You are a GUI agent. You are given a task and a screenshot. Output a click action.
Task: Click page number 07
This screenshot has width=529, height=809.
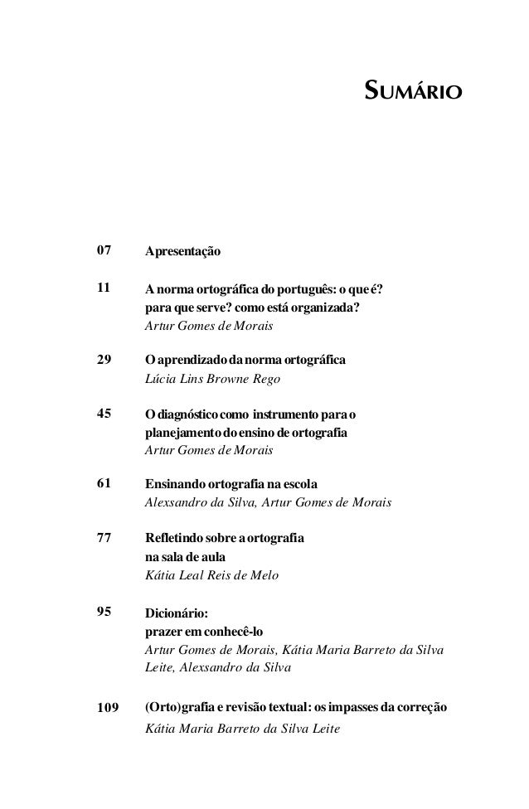pyautogui.click(x=104, y=249)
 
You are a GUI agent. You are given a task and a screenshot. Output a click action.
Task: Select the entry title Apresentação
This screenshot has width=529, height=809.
pyautogui.click(x=183, y=250)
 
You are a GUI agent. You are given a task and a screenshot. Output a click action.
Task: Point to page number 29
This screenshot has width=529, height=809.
pyautogui.click(x=104, y=361)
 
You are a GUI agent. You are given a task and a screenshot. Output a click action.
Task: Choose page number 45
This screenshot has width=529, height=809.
pyautogui.click(x=104, y=412)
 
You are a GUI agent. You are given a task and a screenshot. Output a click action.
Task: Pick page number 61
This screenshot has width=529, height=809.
pyautogui.click(x=104, y=482)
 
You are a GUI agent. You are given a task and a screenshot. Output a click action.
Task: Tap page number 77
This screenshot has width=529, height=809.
pyautogui.click(x=104, y=538)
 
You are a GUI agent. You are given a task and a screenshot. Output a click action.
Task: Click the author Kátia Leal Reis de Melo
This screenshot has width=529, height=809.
pyautogui.click(x=212, y=575)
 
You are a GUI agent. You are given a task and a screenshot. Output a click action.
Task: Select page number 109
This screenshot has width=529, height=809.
pyautogui.click(x=107, y=708)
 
